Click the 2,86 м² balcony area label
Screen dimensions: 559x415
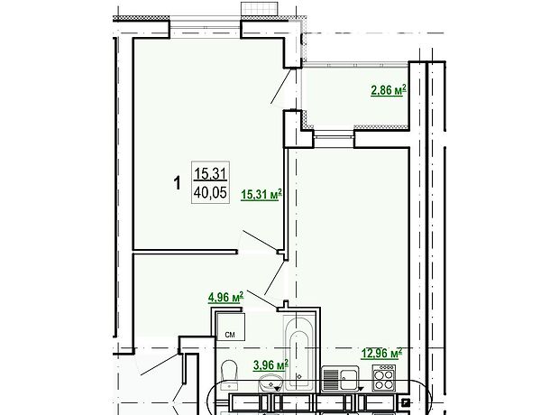[389, 90]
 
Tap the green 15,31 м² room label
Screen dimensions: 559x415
[261, 195]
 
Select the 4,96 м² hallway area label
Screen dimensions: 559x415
[225, 297]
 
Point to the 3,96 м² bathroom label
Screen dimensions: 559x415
[271, 365]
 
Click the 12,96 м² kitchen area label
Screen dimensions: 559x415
[381, 354]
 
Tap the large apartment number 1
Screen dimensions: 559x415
[177, 184]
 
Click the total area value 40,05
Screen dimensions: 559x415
[210, 193]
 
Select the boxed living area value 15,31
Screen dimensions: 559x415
[210, 174]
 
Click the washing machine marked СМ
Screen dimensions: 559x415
[231, 327]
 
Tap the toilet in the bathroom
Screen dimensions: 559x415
[229, 375]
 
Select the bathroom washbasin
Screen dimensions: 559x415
[271, 383]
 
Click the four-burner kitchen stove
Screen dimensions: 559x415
[384, 377]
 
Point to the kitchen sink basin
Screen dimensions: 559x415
[349, 380]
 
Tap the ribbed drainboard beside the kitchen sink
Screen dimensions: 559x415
[331, 379]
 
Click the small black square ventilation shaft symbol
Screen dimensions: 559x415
[406, 403]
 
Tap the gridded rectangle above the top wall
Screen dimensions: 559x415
[260, 8]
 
